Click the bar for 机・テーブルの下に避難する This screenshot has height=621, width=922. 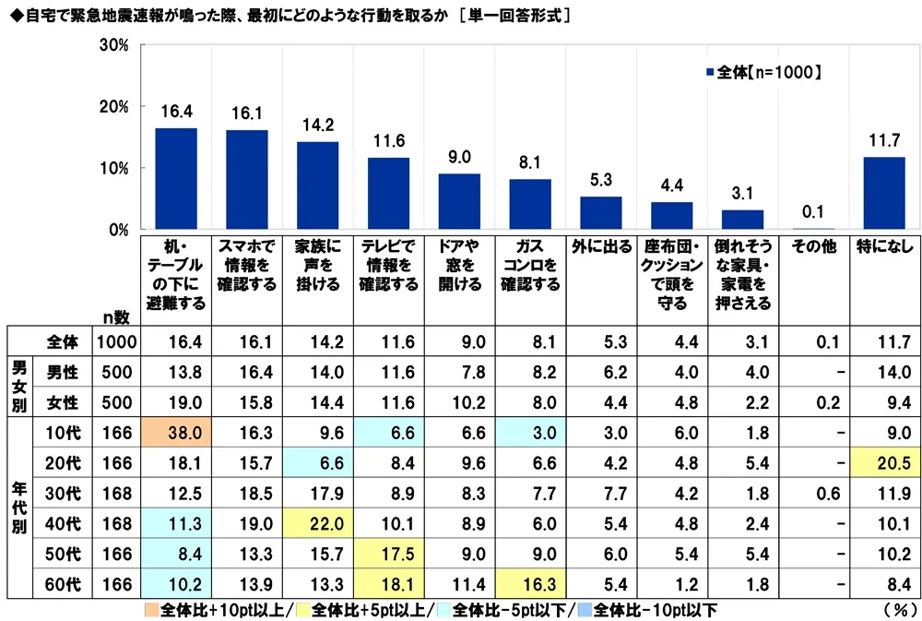175,179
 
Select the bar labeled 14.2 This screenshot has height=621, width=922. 317,185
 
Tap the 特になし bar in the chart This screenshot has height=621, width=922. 883,193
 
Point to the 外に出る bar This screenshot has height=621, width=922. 600,213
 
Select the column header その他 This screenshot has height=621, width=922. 812,247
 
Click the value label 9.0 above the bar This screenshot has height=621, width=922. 458,156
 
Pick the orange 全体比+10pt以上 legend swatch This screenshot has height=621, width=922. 151,609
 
